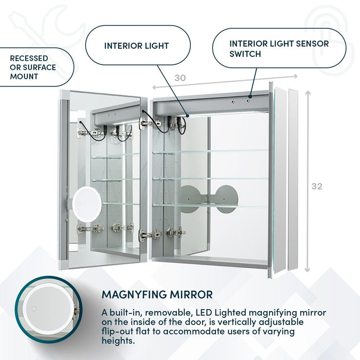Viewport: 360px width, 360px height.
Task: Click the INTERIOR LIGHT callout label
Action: [x=136, y=46]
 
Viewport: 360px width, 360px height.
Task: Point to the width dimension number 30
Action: [x=179, y=78]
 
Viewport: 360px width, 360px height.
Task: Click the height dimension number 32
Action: [x=317, y=186]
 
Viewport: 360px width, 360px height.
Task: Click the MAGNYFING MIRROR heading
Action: [x=157, y=295]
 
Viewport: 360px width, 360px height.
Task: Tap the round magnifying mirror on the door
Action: [x=87, y=205]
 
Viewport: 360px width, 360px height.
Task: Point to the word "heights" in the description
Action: [x=118, y=340]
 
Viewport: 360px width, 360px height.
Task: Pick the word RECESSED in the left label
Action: [x=29, y=58]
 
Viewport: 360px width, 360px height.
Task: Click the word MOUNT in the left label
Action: [x=24, y=77]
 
